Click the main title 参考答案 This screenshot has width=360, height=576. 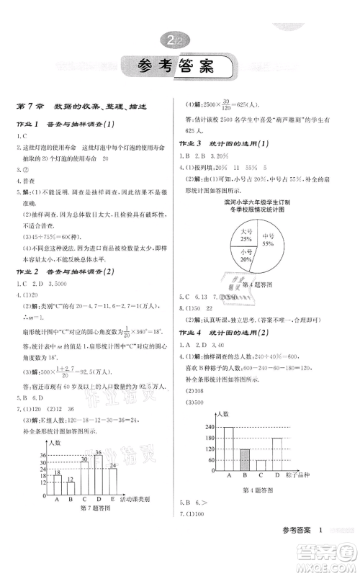(x=179, y=70)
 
